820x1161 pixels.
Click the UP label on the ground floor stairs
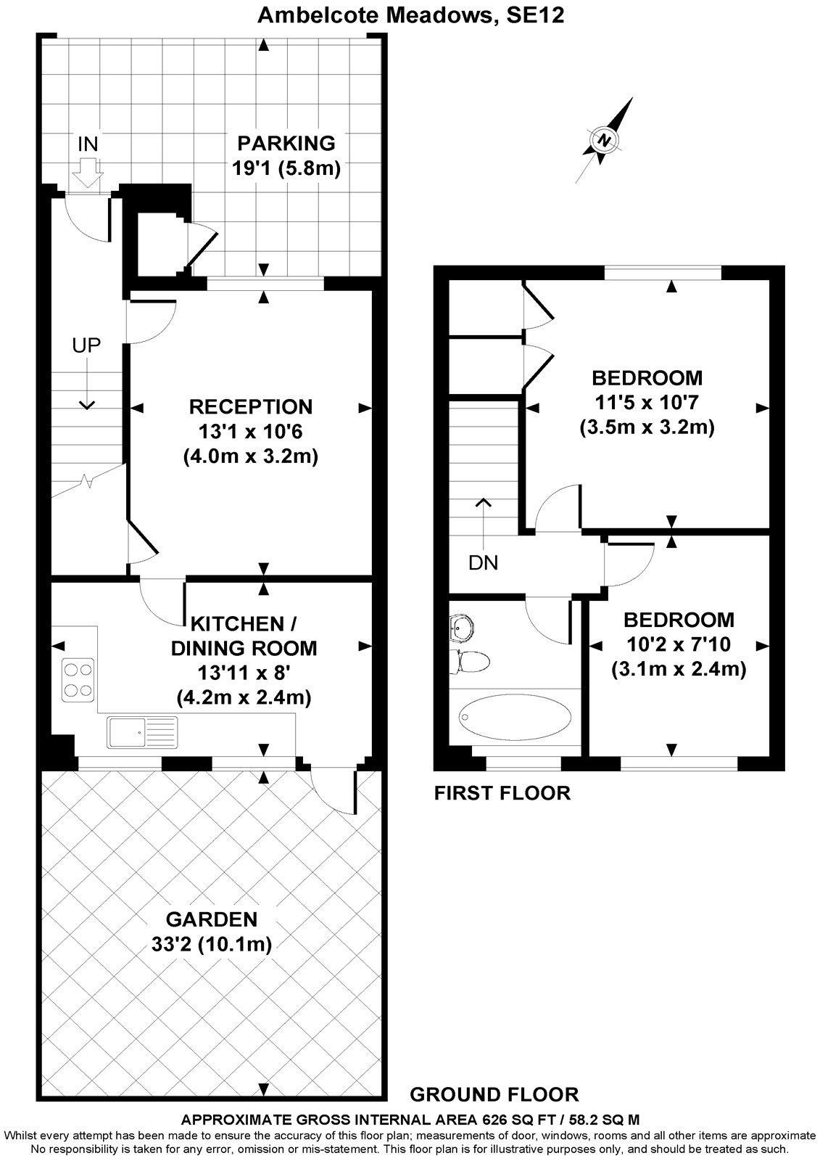point(86,345)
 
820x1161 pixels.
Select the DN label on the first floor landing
point(484,562)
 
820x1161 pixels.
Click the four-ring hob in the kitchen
point(78,678)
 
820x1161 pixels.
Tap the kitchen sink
point(141,731)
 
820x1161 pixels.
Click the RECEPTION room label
point(250,406)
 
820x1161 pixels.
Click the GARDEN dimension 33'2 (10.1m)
point(211,944)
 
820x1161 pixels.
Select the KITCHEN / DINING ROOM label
point(244,636)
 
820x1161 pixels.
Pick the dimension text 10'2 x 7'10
point(679,644)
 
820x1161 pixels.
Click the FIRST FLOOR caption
point(502,793)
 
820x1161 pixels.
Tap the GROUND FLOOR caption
point(494,1094)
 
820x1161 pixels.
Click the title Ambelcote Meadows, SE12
point(411,15)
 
